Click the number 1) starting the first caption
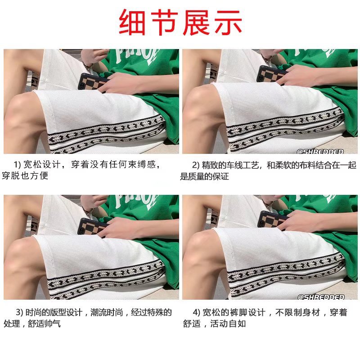(18, 165)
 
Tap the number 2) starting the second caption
(197, 165)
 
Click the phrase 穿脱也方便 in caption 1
(25, 176)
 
